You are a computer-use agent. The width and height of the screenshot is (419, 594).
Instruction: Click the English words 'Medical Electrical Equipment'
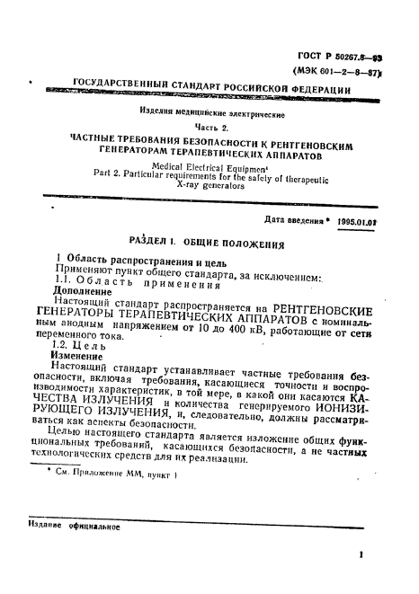click(x=210, y=166)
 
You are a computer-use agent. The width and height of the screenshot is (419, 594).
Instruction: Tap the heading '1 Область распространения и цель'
click(x=123, y=259)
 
